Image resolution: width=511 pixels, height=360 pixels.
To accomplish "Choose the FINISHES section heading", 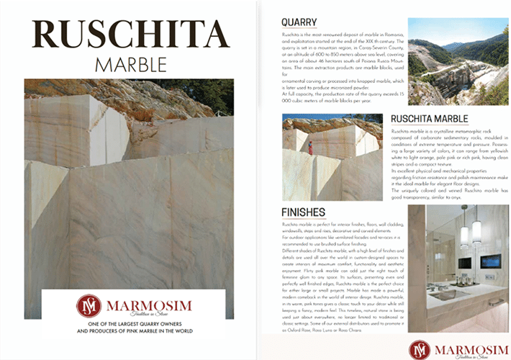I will (304, 212).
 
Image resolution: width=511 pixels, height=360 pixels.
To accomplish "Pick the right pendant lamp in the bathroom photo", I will (476, 230).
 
